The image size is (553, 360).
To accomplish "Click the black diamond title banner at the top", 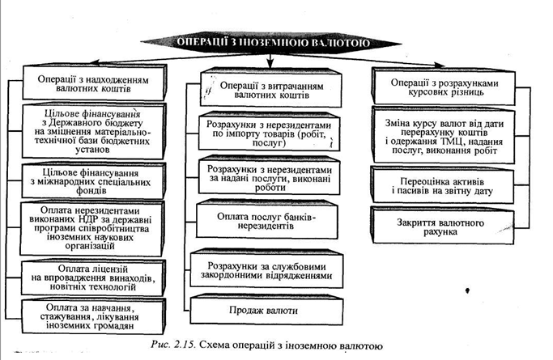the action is pyautogui.click(x=270, y=43).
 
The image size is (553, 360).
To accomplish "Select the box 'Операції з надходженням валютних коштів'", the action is pyautogui.click(x=94, y=83).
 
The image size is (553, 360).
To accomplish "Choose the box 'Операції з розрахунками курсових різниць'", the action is pyautogui.click(x=444, y=87).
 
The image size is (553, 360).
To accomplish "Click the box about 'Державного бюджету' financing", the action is pyautogui.click(x=93, y=131).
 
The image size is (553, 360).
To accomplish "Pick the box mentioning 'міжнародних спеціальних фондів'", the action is pyautogui.click(x=93, y=180).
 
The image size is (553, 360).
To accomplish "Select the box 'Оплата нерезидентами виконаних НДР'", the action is pyautogui.click(x=92, y=228).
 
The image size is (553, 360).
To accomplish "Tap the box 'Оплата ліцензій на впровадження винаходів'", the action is pyautogui.click(x=93, y=278).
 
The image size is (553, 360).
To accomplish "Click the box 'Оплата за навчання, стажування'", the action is pyautogui.click(x=93, y=316).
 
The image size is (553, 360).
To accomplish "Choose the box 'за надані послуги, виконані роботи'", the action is pyautogui.click(x=269, y=177).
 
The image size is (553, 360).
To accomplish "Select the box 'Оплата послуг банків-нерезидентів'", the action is pyautogui.click(x=267, y=220).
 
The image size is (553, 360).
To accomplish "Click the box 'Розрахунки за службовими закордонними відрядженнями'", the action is pyautogui.click(x=267, y=270).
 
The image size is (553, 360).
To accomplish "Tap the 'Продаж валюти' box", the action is pyautogui.click(x=267, y=310).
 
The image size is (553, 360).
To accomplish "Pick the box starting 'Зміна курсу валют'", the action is pyautogui.click(x=444, y=137).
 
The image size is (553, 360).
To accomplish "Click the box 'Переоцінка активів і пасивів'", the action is pyautogui.click(x=443, y=185).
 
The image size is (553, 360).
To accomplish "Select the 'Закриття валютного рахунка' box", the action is pyautogui.click(x=443, y=227).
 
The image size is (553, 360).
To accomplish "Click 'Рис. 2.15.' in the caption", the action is pyautogui.click(x=172, y=345).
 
